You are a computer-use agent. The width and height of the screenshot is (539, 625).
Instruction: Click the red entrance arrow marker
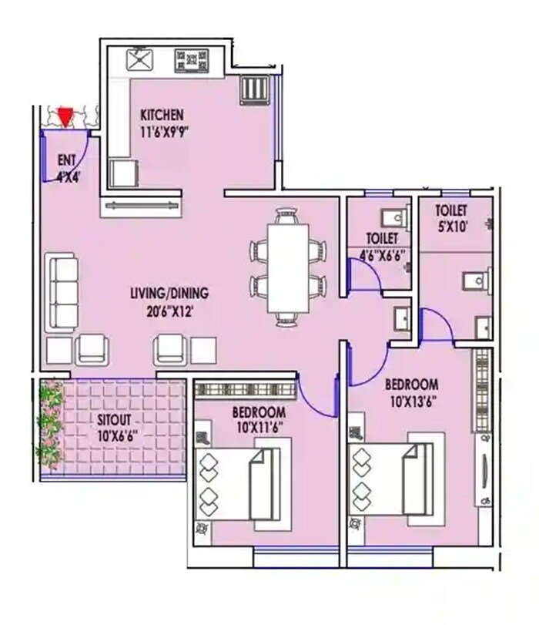65,117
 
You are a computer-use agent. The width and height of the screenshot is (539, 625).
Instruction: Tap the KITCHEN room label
162,115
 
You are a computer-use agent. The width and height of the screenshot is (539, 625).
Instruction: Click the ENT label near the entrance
66,160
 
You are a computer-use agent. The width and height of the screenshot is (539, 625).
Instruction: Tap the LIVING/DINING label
168,294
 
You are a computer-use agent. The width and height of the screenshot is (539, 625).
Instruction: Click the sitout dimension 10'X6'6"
117,435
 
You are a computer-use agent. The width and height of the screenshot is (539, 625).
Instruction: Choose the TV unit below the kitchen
141,206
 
